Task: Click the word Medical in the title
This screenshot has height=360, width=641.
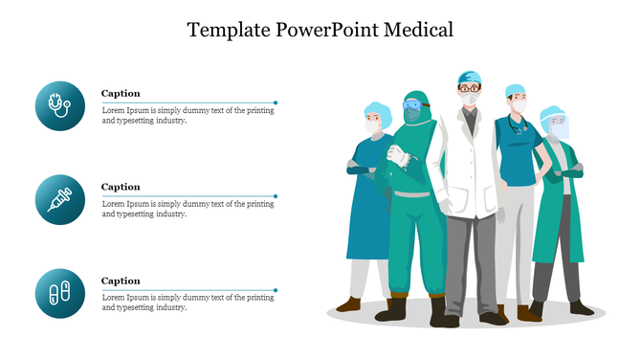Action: (417, 30)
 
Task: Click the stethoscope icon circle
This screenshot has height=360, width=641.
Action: (59, 106)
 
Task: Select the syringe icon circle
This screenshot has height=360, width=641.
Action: (59, 200)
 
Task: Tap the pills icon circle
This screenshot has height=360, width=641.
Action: (59, 293)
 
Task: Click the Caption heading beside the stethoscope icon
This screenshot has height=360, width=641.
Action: (121, 94)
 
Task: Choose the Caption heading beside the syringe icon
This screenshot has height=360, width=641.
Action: (121, 187)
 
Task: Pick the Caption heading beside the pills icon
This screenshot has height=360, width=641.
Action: (121, 281)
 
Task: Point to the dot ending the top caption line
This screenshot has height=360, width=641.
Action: (276, 101)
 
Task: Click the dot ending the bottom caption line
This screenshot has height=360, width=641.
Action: (276, 289)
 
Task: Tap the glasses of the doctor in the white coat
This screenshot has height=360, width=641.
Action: (470, 88)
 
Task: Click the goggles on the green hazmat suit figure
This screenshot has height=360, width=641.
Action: (412, 104)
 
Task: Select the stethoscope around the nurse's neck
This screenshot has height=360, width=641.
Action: (518, 124)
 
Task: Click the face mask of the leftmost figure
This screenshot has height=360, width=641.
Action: (374, 124)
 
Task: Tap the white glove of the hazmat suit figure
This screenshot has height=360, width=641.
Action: (395, 154)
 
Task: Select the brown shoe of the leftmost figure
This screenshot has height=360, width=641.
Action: (350, 304)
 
